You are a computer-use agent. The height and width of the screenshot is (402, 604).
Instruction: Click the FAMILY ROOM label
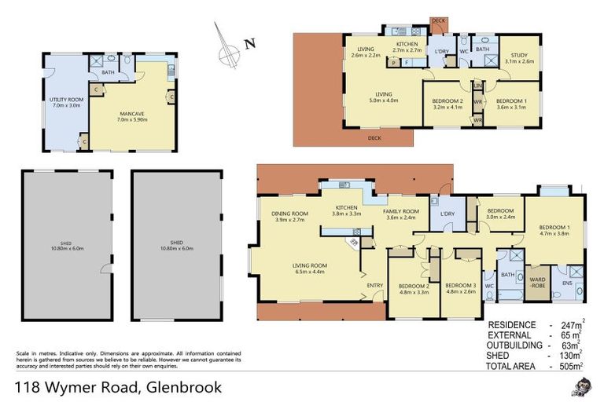(x=400, y=211)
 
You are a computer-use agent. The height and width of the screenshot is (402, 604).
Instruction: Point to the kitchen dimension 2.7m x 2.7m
(x=407, y=49)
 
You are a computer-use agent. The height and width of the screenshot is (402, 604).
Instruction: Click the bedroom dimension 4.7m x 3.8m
(x=554, y=233)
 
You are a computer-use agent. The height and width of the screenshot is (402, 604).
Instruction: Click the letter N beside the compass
(x=249, y=44)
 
